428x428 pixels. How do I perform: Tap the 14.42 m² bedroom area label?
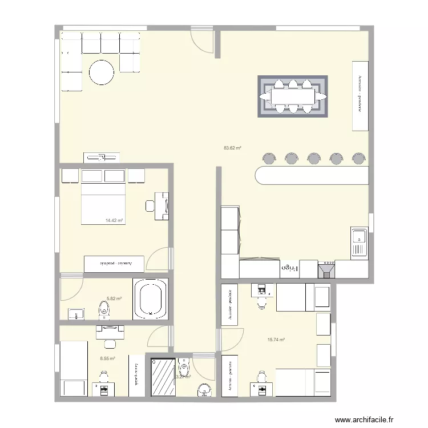coord(114,220)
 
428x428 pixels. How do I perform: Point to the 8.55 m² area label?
coord(107,359)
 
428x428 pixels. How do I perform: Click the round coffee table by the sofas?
coord(101,72)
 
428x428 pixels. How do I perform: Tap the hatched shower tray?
coord(163,375)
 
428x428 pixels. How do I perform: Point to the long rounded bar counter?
coord(312,175)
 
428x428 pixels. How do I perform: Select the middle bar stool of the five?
coord(313,158)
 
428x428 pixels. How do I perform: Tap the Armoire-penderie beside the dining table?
coord(360,95)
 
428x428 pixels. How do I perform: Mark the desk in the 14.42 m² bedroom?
coord(162,206)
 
